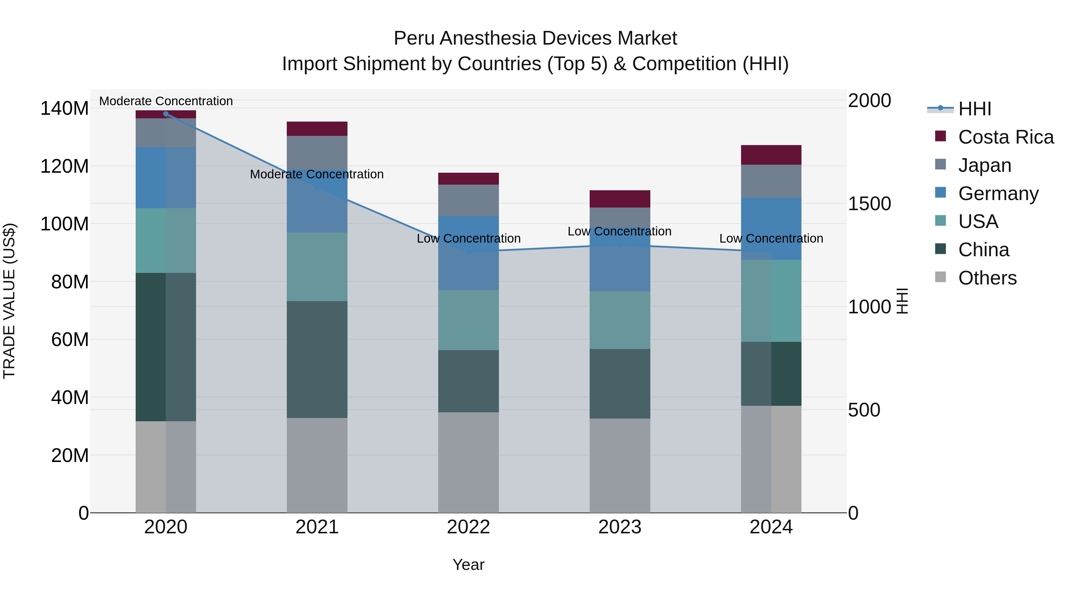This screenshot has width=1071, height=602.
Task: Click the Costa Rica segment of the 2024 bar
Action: point(771,155)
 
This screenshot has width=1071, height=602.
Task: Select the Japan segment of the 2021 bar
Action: point(317,152)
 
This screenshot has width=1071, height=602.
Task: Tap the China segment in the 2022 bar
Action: point(468,381)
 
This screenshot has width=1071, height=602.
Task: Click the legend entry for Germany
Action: point(998,194)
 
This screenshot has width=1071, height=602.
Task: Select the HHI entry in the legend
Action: point(974,109)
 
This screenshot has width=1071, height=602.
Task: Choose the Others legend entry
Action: point(987,278)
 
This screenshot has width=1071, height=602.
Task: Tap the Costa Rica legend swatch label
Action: point(1005,137)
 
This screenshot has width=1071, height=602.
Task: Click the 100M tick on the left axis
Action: point(65,224)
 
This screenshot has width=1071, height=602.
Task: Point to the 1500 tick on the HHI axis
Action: point(869,204)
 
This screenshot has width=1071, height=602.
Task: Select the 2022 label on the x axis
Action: point(468,527)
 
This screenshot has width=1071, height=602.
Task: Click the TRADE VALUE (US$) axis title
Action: point(9,301)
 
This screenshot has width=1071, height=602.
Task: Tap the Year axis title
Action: point(468,565)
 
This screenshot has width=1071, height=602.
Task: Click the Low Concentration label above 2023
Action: point(619,231)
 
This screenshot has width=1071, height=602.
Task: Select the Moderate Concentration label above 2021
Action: point(317,174)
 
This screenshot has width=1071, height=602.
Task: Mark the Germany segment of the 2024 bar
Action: point(771,229)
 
